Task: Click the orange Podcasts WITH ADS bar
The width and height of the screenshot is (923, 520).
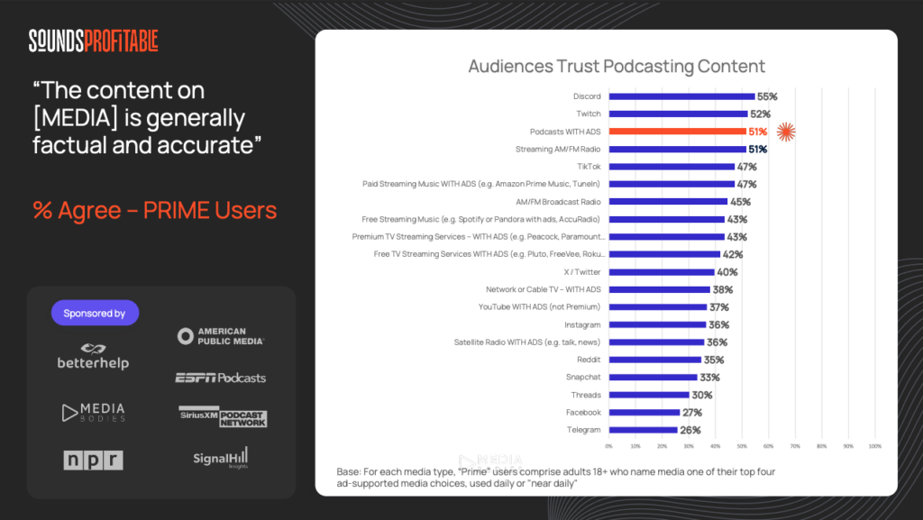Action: click(677, 132)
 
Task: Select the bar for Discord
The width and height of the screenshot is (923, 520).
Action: click(681, 96)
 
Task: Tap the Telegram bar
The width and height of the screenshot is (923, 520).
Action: click(643, 430)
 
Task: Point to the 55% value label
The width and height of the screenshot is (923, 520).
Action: click(767, 96)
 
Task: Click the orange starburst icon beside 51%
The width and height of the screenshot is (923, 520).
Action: click(786, 132)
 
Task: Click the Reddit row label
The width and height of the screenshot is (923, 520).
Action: click(589, 360)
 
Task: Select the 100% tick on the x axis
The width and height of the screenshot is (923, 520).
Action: click(874, 446)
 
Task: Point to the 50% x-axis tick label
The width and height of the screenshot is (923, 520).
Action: click(742, 446)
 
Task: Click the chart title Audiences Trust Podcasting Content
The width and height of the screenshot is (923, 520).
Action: click(617, 67)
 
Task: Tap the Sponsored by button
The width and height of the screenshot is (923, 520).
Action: click(95, 313)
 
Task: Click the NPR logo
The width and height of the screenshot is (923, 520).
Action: click(93, 460)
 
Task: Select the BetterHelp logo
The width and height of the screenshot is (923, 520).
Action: click(93, 356)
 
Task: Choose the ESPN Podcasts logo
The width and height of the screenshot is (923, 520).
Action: click(221, 378)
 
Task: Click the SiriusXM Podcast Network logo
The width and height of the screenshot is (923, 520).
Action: click(223, 416)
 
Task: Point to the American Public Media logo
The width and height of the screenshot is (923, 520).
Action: click(221, 336)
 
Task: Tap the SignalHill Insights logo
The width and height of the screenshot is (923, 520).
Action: click(221, 458)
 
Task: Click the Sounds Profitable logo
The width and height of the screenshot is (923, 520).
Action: click(94, 41)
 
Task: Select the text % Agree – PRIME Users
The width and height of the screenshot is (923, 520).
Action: click(154, 211)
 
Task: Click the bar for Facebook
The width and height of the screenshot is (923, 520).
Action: click(644, 413)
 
